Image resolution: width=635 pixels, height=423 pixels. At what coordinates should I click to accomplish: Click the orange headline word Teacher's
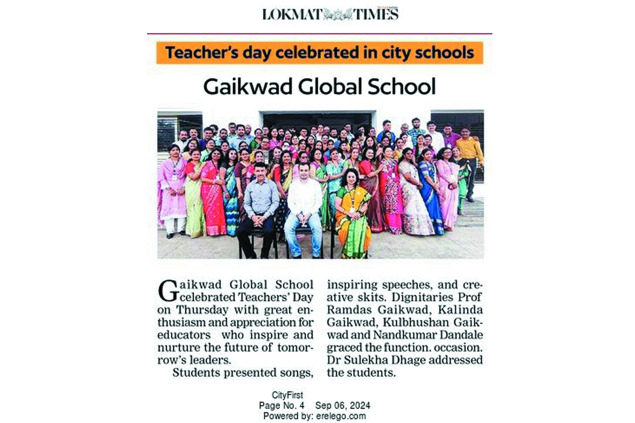[x=202, y=52]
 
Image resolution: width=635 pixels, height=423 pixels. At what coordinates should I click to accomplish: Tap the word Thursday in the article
[x=202, y=310]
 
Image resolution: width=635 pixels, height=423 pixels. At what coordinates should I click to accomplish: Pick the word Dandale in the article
[x=461, y=335]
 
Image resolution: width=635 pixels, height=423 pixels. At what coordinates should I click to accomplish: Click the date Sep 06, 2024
[x=342, y=405]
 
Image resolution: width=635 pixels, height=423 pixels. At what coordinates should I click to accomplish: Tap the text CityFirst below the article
[x=287, y=395]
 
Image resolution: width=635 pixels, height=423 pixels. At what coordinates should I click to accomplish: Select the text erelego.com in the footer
[x=341, y=416]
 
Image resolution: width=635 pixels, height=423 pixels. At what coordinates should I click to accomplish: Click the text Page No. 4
[x=282, y=405]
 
